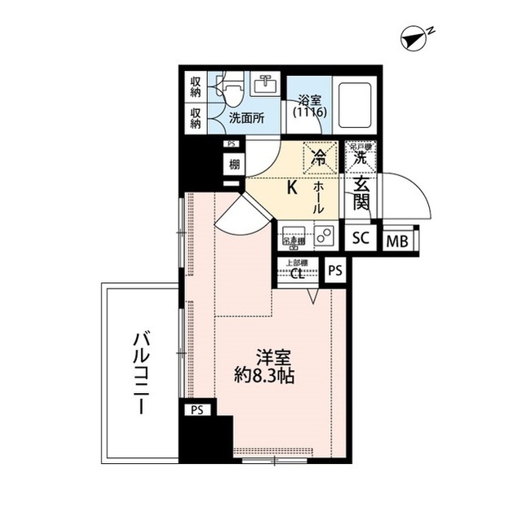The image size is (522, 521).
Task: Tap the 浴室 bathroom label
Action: (x=309, y=102)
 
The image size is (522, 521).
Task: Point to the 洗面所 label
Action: (x=246, y=117)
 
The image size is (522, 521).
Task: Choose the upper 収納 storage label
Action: (x=196, y=84)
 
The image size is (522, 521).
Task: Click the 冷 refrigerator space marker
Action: (x=318, y=153)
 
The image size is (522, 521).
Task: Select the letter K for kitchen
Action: (x=290, y=187)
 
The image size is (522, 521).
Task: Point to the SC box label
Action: (x=361, y=239)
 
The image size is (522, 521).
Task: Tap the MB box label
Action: (x=397, y=240)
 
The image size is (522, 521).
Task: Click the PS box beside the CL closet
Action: (x=335, y=270)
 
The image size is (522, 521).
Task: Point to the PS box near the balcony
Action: (x=197, y=410)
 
